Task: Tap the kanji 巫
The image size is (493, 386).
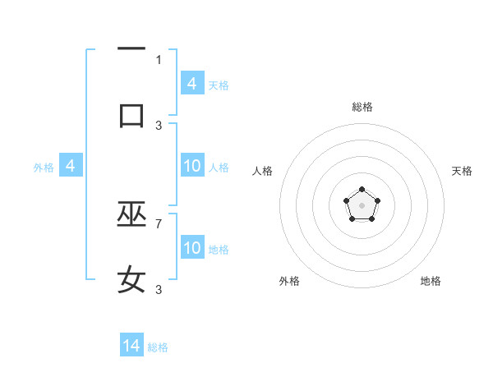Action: (x=131, y=216)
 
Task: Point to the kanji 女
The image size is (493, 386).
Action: (x=131, y=281)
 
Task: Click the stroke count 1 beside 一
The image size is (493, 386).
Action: (x=159, y=59)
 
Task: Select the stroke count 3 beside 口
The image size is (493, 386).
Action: (x=159, y=125)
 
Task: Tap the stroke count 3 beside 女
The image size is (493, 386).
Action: (x=159, y=289)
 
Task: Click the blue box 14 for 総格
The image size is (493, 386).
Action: (x=131, y=346)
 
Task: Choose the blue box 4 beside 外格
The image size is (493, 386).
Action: (x=71, y=167)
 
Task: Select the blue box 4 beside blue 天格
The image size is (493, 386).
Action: (x=192, y=84)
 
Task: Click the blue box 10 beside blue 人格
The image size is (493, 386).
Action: (x=192, y=167)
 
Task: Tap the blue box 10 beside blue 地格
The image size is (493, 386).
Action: (x=192, y=248)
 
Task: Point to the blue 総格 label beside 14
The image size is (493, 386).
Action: (x=158, y=347)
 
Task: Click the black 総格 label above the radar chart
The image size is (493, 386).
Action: (x=362, y=107)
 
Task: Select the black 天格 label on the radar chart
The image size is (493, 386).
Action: (x=463, y=171)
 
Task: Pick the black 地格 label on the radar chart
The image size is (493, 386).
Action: (x=431, y=281)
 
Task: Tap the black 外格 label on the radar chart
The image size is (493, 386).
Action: (x=289, y=281)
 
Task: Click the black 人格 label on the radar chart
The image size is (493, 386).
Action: (x=263, y=171)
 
